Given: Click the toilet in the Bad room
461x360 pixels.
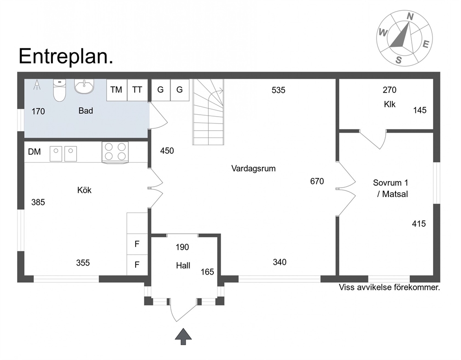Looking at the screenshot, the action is click(59, 90).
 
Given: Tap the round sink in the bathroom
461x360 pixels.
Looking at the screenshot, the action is click(85, 86).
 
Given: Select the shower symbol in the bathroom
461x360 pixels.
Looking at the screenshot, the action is click(37, 85).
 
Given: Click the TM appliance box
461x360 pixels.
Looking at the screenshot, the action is click(117, 90).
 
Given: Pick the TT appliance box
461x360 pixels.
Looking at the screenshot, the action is click(137, 90).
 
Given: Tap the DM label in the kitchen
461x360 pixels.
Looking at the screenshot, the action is click(34, 152).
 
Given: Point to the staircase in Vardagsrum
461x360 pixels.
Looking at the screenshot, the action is click(208, 112).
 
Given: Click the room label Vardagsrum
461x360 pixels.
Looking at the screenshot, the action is click(253, 169).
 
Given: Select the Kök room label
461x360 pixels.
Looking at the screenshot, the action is click(85, 190).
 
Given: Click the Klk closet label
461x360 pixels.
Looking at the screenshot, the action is click(389, 105).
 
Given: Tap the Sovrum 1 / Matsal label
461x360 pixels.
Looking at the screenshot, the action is click(391, 189).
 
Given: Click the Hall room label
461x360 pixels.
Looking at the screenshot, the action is click(183, 266).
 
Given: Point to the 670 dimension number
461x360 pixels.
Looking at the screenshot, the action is click(317, 181).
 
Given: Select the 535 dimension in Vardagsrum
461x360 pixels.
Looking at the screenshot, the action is click(278, 90).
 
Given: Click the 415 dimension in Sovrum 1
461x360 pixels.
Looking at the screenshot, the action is click(419, 224).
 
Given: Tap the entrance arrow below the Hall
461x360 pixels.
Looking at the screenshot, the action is click(183, 336).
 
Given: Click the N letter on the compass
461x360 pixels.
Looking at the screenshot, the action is click(410, 17).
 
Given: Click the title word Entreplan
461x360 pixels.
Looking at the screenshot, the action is click(66, 56).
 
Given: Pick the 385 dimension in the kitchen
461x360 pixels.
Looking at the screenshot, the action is click(38, 202).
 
